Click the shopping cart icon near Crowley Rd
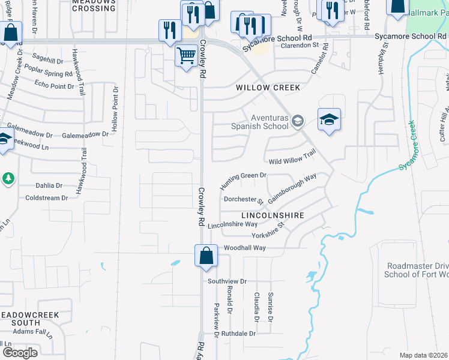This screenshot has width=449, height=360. click(186, 56)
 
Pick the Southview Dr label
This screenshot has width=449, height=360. click(227, 281)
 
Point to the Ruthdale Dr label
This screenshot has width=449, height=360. click(238, 333)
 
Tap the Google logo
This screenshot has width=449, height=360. click(20, 352)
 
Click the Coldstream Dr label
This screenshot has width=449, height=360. click(47, 198)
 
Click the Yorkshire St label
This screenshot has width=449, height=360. click(268, 229)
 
